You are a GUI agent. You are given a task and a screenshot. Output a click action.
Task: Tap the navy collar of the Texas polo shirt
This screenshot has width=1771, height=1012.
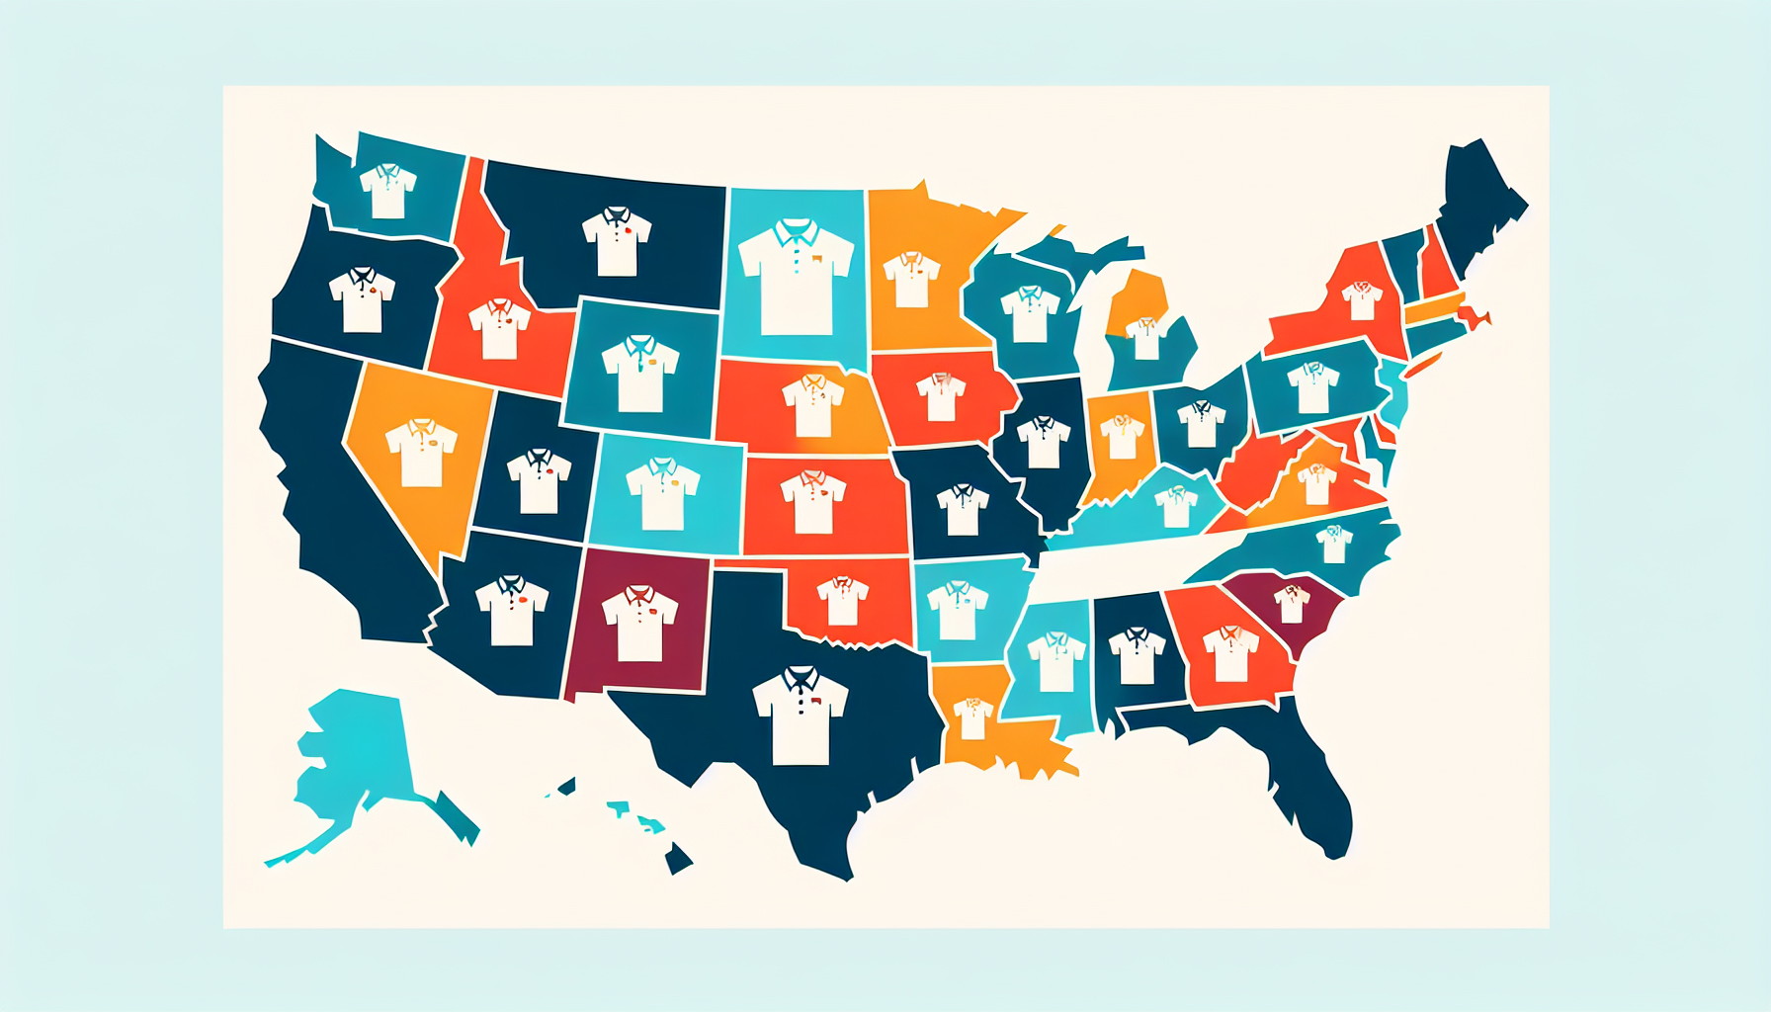[x=800, y=678]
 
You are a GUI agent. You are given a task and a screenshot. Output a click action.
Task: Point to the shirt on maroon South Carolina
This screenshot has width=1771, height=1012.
[x=1292, y=603]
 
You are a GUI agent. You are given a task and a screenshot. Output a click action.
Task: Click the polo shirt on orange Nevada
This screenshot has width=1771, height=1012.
[x=421, y=453]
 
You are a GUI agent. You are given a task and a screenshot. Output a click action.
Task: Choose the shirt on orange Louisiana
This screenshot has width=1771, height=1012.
[x=972, y=717]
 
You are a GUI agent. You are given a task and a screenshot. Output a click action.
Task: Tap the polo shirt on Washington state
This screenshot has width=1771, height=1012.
[x=387, y=191]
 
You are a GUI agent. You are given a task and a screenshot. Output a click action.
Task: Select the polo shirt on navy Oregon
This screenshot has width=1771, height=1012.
[x=362, y=299]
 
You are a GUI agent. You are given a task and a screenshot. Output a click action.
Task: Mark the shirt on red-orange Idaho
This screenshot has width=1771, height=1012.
[x=499, y=328]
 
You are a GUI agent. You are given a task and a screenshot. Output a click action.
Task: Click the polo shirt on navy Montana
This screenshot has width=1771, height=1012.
[x=617, y=241]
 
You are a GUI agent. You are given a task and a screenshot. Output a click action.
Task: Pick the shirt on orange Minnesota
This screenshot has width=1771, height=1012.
[x=911, y=279]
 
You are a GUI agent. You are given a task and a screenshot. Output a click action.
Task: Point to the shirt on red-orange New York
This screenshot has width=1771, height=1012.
[x=1362, y=300]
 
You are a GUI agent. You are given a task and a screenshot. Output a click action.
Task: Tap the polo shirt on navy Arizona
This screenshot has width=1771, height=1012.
[x=512, y=610]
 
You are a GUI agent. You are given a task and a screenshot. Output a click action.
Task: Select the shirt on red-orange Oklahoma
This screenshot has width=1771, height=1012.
[x=842, y=601]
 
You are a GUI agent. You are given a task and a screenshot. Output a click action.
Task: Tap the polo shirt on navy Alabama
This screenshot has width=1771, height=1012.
[x=1137, y=654]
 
